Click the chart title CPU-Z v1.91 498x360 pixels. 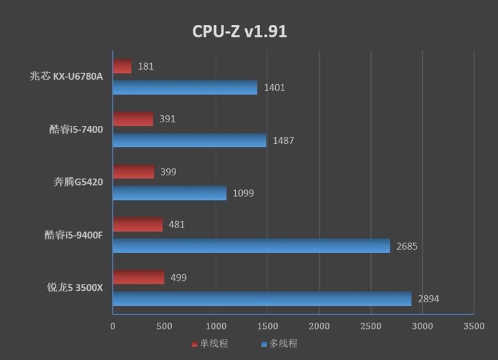(x=239, y=32)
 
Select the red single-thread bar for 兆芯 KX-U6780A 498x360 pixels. (x=122, y=66)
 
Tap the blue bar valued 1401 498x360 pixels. (x=185, y=87)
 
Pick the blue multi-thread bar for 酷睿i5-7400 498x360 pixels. (x=189, y=140)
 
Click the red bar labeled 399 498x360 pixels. (x=133, y=171)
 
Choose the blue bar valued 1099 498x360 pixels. (x=169, y=193)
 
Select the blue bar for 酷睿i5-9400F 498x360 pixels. (x=251, y=245)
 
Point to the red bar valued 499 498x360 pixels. (x=138, y=277)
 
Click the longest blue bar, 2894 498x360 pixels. (x=262, y=298)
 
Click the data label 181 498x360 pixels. (x=145, y=66)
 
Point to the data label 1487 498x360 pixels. (x=283, y=141)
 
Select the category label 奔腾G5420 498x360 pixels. (x=78, y=182)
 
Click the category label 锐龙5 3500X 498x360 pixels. (x=75, y=288)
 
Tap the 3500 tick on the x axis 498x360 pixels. (x=474, y=326)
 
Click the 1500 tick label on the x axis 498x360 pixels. (x=268, y=326)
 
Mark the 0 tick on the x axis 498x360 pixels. (x=113, y=326)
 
